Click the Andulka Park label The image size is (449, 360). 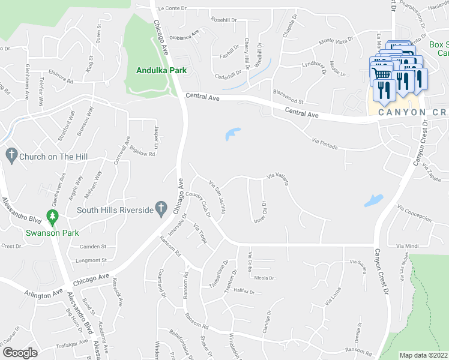[x=161, y=70]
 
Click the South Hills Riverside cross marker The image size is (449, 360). [x=160, y=208]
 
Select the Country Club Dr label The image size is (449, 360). [x=200, y=205]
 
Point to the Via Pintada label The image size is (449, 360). [x=325, y=143]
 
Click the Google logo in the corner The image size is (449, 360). [x=20, y=352]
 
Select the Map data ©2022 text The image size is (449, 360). [x=423, y=355]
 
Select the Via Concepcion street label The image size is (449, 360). [x=414, y=212]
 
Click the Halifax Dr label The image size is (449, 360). [x=244, y=292]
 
